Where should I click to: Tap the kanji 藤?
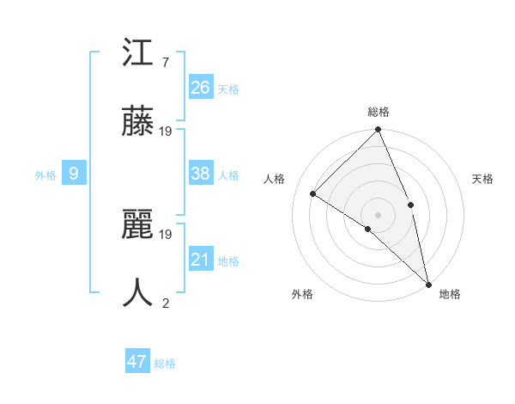tap(138, 121)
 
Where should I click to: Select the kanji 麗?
tap(138, 225)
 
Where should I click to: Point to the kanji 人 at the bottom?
tap(138, 292)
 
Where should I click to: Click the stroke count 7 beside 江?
tap(165, 63)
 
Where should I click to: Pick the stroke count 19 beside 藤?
tap(167, 131)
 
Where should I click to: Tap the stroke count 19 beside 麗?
tap(167, 234)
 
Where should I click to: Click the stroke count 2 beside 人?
tap(165, 302)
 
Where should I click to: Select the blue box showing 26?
tap(201, 88)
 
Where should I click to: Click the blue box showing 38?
tap(201, 174)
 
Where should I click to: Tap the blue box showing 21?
tap(201, 260)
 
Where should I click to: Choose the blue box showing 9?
tap(74, 174)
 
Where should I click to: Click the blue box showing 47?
tap(137, 362)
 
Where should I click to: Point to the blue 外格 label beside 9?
tap(45, 174)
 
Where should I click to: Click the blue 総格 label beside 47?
tap(165, 364)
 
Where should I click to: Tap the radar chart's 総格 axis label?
tap(378, 112)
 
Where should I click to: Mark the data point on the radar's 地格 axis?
tap(427, 283)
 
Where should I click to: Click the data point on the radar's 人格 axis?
tap(313, 193)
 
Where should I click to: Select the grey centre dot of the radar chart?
tap(378, 214)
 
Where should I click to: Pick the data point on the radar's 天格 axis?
tap(410, 205)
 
